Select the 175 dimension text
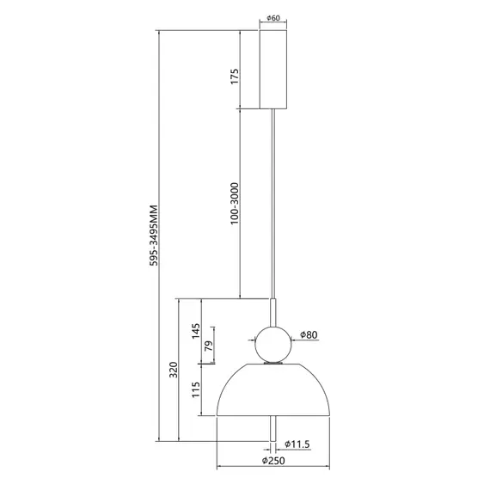pos(233,77)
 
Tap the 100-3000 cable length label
pos(233,205)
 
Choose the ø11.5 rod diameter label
pos(298,445)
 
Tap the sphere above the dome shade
pos(273,343)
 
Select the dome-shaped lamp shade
pos(273,391)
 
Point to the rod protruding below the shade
pos(274,434)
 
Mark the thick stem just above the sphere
pos(274,311)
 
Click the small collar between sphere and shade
pos(273,363)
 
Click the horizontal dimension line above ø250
pos(273,469)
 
